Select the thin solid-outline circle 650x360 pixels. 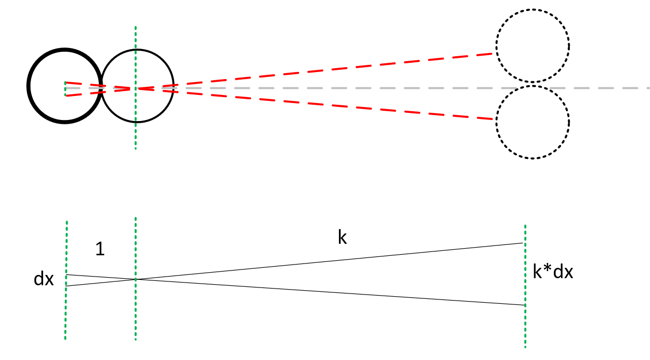coord(138,50)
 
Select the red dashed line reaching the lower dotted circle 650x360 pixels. coord(327,104)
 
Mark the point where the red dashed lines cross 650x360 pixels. coord(136,88)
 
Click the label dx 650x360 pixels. coord(44,279)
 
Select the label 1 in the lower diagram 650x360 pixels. coord(100,249)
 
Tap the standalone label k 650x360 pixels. coord(342,238)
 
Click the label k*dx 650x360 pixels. coord(553,272)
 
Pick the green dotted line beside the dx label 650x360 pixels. coord(66,316)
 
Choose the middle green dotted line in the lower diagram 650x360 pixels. coord(135,316)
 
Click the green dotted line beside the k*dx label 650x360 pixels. coord(525,327)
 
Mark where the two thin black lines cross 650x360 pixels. coord(136,279)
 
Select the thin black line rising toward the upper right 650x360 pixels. coord(327,261)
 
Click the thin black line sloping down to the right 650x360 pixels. coord(327,292)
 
